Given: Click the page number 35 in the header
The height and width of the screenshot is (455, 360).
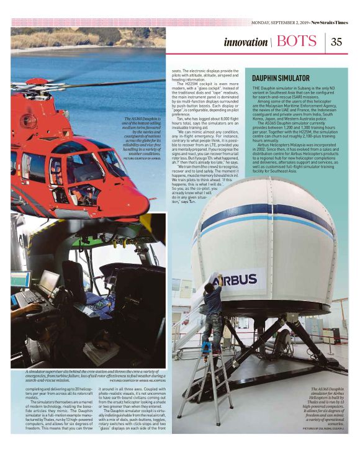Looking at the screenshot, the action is [336, 42].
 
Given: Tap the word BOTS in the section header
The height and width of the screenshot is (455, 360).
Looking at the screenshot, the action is [297, 42].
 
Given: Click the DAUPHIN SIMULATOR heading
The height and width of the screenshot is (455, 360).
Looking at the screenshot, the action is [281, 78].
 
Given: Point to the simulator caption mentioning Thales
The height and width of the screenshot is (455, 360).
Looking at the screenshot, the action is [326, 406].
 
